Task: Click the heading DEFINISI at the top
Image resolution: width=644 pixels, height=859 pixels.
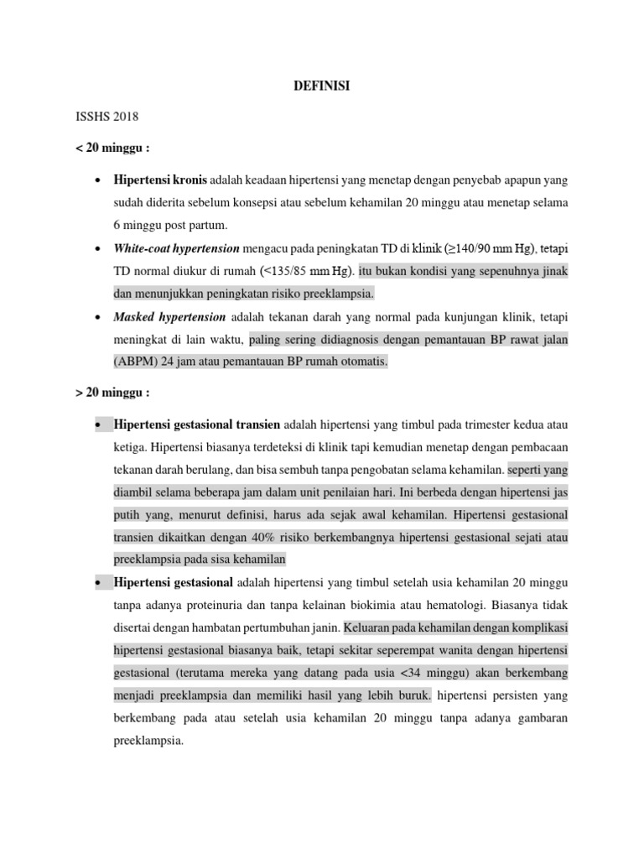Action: point(323,85)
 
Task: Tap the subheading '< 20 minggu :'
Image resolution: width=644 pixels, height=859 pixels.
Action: point(111,148)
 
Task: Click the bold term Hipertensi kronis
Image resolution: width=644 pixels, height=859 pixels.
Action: point(160,180)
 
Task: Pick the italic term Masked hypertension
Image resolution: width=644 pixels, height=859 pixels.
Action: point(170,317)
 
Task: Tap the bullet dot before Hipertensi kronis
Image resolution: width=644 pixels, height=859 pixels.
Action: point(99,181)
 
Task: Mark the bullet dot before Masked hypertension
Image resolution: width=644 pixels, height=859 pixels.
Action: point(99,318)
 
